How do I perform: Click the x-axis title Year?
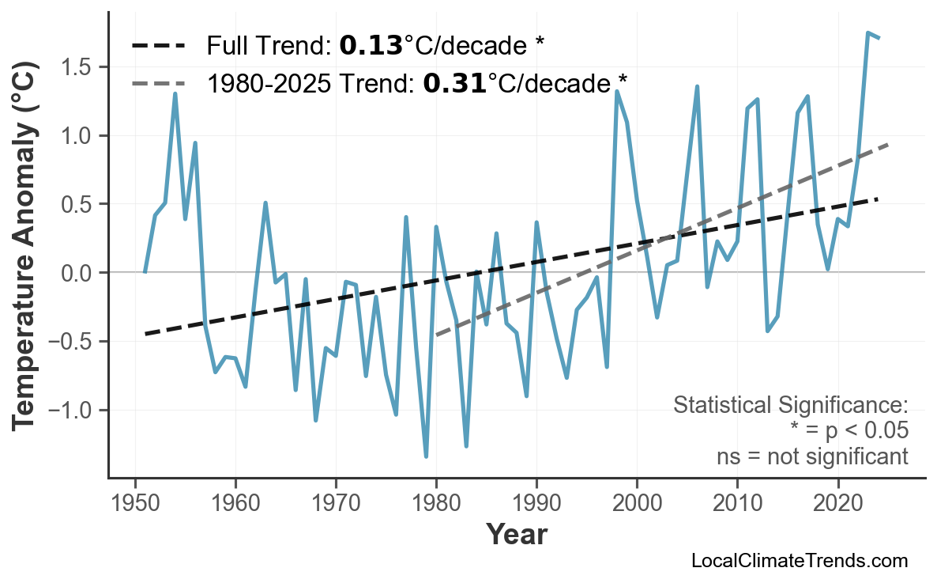pos(516,534)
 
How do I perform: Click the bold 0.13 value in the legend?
pos(371,46)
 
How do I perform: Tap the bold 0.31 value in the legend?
pos(454,82)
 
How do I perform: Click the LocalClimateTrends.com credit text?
pos(799,561)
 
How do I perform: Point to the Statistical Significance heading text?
pos(790,406)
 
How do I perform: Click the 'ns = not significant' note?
pos(811,456)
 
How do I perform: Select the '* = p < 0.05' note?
pos(849,431)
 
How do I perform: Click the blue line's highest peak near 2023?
pos(867,33)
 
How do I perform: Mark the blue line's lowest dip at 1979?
pos(426,456)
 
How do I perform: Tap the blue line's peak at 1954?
pos(175,94)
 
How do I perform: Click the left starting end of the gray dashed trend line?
pos(437,335)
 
